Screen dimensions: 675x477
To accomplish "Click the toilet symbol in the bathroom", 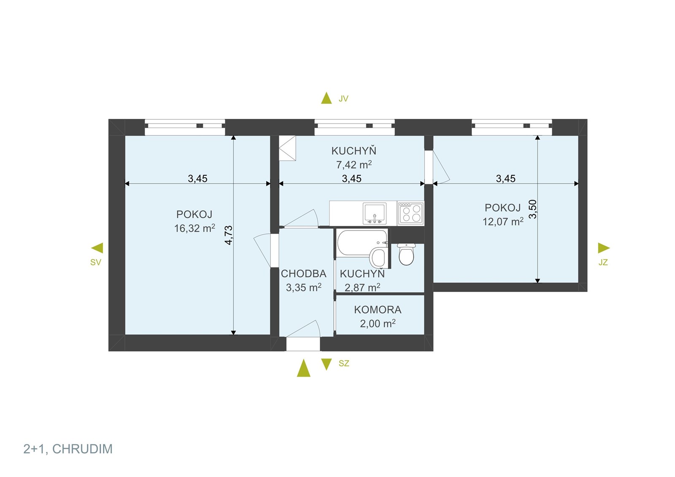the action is (407, 254).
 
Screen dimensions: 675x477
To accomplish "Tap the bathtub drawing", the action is (362, 243).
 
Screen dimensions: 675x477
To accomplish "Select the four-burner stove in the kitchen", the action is (411, 213).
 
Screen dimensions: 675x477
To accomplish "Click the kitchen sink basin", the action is (375, 213).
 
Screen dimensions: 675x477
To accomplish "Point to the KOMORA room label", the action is (378, 310).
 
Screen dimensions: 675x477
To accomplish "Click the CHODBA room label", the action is (303, 273).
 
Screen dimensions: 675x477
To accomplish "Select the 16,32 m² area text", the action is (194, 228).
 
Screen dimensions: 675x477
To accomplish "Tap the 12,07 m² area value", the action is (503, 222).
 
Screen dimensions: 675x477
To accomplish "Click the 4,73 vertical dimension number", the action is (229, 235).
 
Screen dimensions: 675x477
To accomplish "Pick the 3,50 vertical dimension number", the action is (532, 209).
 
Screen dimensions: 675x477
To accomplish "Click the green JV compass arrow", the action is (327, 98).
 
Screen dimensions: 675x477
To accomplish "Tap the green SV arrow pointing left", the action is (97, 248).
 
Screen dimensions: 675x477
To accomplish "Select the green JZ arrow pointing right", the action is (604, 248).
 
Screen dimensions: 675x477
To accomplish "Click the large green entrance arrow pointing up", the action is (303, 368).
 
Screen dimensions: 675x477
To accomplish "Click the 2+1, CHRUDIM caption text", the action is (68, 449).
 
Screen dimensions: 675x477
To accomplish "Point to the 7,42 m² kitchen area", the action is (354, 165).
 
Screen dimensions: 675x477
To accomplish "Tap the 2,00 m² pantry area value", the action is (378, 324).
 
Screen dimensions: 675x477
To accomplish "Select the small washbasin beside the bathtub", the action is (378, 258).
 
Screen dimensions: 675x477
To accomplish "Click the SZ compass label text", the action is (344, 363).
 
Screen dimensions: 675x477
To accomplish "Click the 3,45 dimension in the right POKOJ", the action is (506, 179).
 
